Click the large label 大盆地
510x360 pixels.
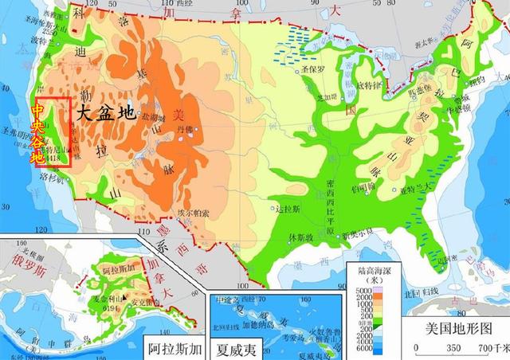104,112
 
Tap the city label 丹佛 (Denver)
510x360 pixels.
185,127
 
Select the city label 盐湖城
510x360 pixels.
151,116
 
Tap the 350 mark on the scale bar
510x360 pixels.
453,349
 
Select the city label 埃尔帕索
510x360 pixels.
193,213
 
